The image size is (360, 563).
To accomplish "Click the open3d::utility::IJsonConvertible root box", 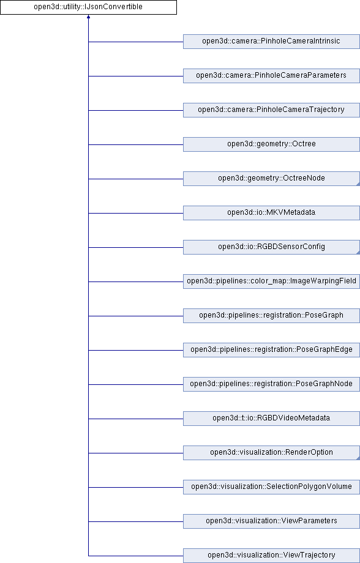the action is coord(88,7).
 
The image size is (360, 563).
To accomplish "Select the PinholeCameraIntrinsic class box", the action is coord(271,42).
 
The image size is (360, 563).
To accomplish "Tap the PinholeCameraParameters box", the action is coord(271,76).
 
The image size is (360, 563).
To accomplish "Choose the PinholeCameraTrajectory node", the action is coord(271,110).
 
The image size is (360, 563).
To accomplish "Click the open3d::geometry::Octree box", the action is coord(271,144).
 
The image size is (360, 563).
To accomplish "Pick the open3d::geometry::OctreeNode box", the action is coord(271,179).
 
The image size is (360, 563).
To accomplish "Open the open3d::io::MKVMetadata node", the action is coord(271,213).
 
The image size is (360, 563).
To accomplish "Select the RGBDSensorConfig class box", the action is coord(271,247).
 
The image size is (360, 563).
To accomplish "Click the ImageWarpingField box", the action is coord(271,281).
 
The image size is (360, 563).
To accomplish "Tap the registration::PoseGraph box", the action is coord(271,316).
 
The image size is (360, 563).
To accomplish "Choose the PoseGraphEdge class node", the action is coord(271,350).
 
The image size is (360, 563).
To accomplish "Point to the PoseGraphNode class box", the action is coord(271,384).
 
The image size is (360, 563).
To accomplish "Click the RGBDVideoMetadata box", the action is coord(271,419).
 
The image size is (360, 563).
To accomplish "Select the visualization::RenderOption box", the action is coord(271,453).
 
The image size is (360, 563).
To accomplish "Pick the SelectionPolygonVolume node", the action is coord(271,487).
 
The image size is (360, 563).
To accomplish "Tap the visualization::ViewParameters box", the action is coord(271,521).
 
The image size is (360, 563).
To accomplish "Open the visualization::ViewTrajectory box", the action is coord(271,556).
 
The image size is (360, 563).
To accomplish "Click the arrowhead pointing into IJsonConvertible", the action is coord(88,17).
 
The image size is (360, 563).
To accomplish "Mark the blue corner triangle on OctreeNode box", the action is coord(358,184).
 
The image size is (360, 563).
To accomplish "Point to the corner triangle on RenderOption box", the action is coord(358,458).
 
